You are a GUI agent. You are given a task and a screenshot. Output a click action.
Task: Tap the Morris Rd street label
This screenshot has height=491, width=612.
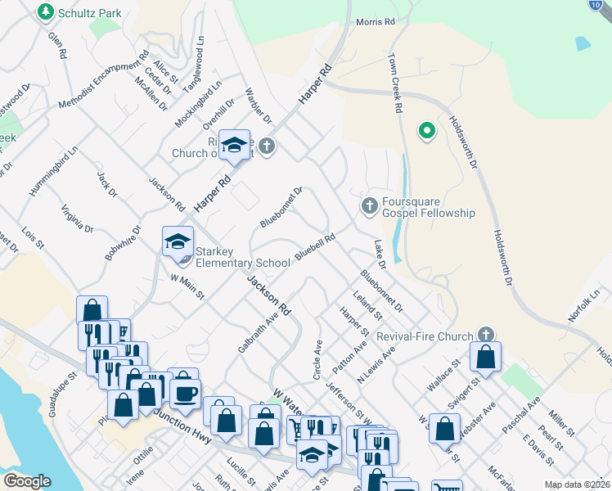click(376, 22)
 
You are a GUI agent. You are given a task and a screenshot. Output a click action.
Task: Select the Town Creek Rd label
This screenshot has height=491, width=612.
click(397, 83)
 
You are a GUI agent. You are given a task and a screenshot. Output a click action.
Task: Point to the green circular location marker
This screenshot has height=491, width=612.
click(425, 130)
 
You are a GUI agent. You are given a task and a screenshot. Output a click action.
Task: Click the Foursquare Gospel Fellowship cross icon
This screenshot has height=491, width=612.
click(369, 204)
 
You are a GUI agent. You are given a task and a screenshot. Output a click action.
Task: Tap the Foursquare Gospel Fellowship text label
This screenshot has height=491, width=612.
click(429, 207)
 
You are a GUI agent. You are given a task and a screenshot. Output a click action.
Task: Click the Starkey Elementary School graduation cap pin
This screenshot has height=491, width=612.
click(178, 242)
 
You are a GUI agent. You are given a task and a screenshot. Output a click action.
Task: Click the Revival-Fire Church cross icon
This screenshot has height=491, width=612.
click(486, 335)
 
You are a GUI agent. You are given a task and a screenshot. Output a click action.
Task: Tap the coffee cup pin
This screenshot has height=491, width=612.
click(184, 393)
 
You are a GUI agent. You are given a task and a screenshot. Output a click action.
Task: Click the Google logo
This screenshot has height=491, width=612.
click(27, 480)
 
